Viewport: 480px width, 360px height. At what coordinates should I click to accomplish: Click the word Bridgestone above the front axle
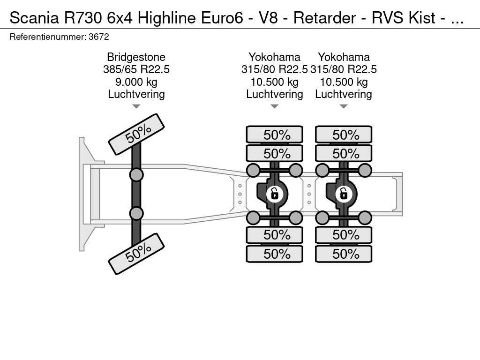pos(136,57)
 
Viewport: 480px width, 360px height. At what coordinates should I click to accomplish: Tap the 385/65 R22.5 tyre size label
pos(136,69)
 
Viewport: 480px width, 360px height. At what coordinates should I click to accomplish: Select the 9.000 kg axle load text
pos(136,82)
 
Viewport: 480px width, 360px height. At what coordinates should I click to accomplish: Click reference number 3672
pos(98,37)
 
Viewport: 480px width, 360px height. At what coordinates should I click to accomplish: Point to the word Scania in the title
pos(34,18)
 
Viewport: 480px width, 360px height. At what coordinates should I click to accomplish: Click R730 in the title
pos(83,18)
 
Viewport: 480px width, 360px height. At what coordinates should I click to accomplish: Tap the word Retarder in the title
pos(324,18)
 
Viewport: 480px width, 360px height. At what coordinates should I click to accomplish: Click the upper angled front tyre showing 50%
pos(136,135)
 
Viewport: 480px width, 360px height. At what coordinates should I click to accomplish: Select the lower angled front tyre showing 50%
pos(136,254)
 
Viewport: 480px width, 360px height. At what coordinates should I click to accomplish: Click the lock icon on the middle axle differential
pos(274,194)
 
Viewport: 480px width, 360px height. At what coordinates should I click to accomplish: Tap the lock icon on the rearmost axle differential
pos(343,194)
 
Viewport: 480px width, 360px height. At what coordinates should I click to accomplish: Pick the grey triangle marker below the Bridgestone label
pos(136,106)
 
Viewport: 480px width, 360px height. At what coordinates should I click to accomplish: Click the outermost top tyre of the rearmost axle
pos(344,135)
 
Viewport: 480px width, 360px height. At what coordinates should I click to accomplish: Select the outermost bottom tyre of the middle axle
pos(275,254)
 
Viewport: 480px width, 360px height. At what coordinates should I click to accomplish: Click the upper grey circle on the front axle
pos(136,175)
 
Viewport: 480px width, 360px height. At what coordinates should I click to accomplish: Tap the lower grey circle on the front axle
pos(136,213)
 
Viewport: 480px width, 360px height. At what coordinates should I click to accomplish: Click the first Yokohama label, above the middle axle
pos(274,57)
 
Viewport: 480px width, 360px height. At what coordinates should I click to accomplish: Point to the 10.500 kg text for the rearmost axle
pos(344,82)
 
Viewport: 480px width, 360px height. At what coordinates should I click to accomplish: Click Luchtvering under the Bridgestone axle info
pos(136,94)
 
